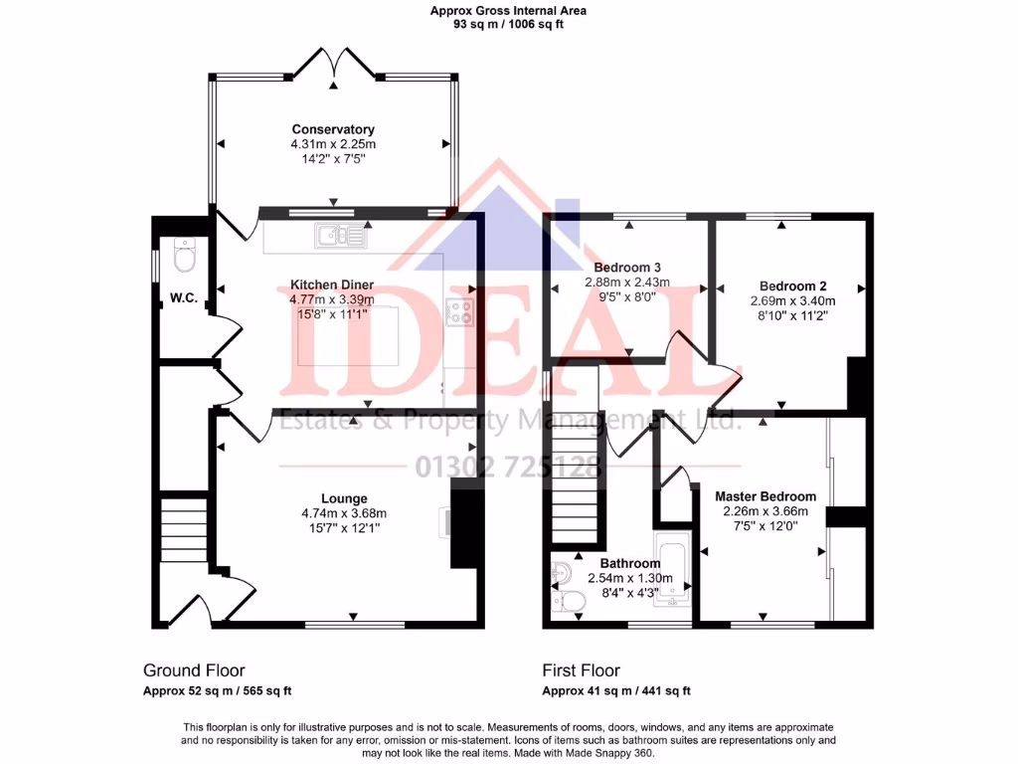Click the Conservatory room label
click(x=333, y=129)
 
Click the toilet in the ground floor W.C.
click(x=184, y=258)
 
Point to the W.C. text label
click(x=182, y=297)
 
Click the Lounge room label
click(x=344, y=498)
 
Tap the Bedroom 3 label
click(x=627, y=268)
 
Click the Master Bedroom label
click(x=765, y=496)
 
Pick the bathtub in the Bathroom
click(x=673, y=568)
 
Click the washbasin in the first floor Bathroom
click(x=560, y=574)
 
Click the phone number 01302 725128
click(x=510, y=466)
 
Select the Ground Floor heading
click(x=194, y=670)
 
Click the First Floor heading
click(x=581, y=670)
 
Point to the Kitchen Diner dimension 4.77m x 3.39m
click(x=332, y=299)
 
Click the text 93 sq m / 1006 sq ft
click(x=508, y=25)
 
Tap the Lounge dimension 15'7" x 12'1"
click(x=344, y=528)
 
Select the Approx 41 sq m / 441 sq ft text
click(x=616, y=690)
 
